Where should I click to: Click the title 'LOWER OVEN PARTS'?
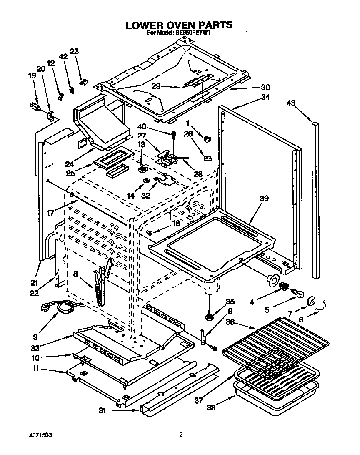tap(179, 25)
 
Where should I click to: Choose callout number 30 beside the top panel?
tap(265, 87)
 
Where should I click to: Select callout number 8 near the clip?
tap(75, 275)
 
